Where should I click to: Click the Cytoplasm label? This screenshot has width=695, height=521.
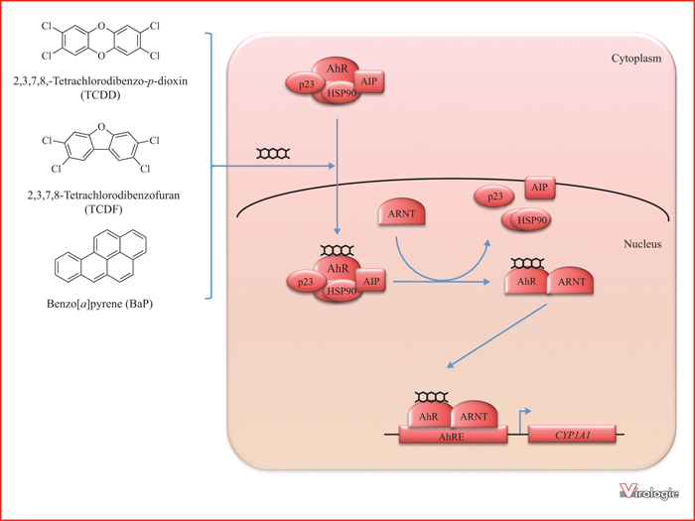tap(636, 59)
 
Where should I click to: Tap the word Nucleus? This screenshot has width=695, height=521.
tap(642, 244)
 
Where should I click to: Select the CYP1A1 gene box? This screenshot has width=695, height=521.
tap(572, 435)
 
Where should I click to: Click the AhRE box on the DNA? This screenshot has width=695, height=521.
tap(453, 436)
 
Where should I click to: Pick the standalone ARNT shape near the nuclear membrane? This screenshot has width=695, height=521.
tap(401, 213)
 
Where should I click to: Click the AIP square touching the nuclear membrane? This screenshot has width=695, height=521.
tap(539, 188)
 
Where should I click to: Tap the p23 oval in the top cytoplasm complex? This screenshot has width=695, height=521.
tap(306, 84)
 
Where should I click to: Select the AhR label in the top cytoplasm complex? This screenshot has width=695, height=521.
tap(337, 68)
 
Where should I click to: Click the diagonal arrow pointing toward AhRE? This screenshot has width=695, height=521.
tap(496, 335)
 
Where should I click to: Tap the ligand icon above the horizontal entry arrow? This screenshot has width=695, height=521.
tap(273, 154)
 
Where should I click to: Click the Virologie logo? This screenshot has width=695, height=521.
tap(649, 491)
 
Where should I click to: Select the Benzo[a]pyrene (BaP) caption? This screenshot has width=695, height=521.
tap(99, 304)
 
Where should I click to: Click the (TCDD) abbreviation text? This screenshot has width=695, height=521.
tap(100, 95)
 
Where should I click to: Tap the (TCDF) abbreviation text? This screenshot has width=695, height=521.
tap(103, 209)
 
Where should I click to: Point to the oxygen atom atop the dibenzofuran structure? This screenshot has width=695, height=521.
tap(101, 127)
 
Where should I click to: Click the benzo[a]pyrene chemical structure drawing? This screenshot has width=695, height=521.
tap(100, 256)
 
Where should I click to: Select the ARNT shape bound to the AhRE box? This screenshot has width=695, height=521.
tap(474, 414)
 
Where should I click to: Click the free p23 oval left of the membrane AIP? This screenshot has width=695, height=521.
tap(494, 196)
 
